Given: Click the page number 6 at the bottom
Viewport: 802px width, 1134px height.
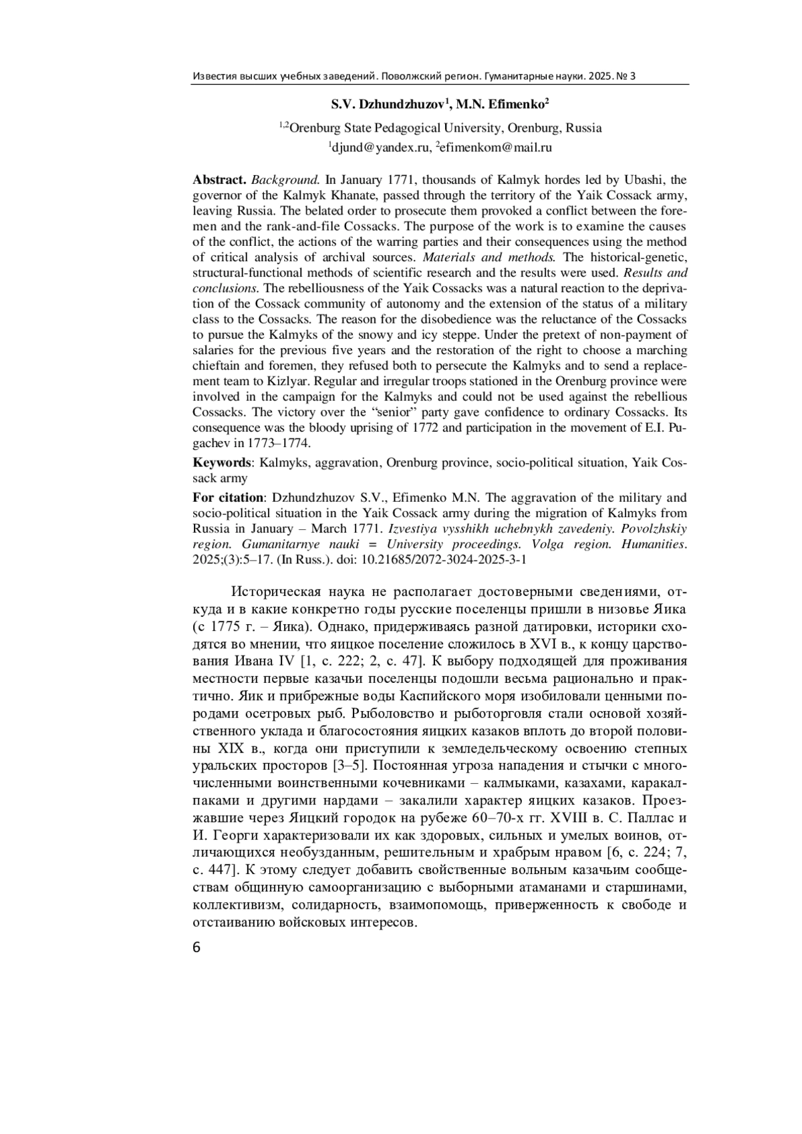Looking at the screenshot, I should (196, 948).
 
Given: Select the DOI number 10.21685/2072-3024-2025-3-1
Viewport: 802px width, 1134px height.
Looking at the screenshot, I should (444, 559).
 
